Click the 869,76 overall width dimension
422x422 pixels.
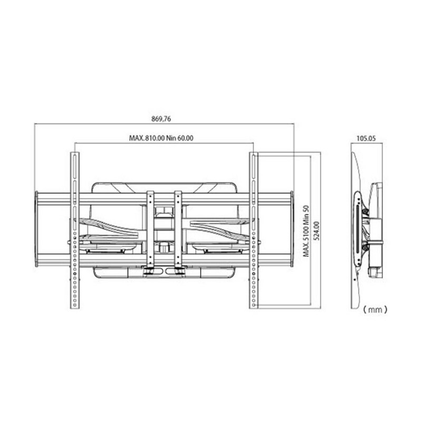coord(161,119)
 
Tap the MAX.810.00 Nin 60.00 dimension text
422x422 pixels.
coord(161,138)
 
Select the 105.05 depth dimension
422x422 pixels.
coord(366,138)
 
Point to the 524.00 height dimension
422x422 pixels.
coord(316,231)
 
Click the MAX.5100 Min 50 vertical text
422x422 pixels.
coord(306,231)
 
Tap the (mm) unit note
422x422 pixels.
coord(375,310)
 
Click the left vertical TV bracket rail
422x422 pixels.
coord(75,231)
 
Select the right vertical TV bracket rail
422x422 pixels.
coord(254,231)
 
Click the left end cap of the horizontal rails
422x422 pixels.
coord(36,229)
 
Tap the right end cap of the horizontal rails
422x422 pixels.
coord(292,229)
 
